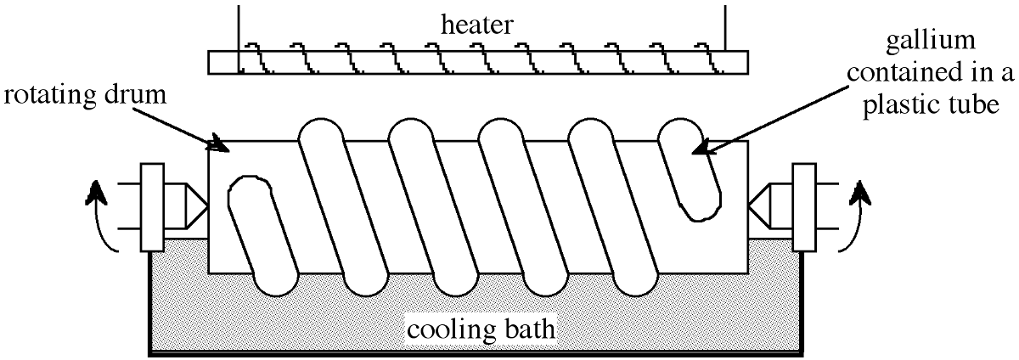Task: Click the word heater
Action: [476, 25]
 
